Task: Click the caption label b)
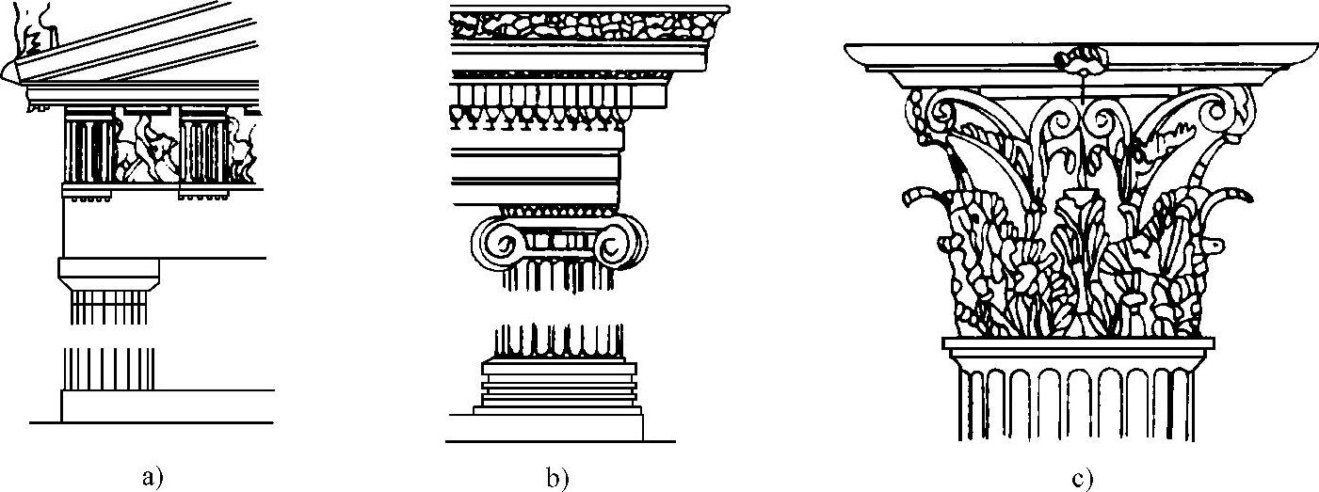pyautogui.click(x=556, y=476)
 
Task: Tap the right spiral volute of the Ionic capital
pyautogui.click(x=617, y=244)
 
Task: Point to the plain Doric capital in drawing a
pyautogui.click(x=108, y=273)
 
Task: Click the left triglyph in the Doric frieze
pyautogui.click(x=89, y=151)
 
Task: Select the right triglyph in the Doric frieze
pyautogui.click(x=201, y=151)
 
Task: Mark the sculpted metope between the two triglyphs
pyautogui.click(x=146, y=151)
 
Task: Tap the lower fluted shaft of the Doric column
pyautogui.click(x=107, y=368)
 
